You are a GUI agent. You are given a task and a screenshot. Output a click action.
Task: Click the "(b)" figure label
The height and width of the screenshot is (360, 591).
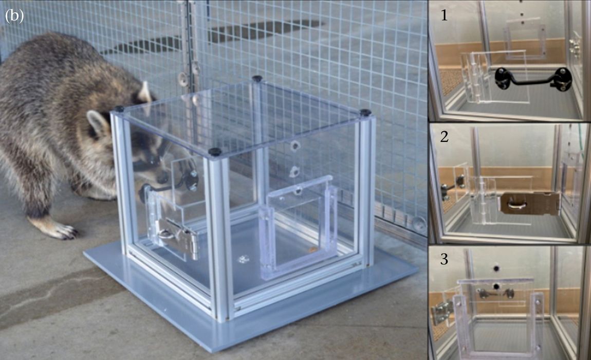14,16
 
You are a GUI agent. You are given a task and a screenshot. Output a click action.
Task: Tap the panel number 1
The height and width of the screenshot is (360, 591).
445,15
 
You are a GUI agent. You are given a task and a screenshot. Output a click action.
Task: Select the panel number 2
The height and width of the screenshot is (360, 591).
445,136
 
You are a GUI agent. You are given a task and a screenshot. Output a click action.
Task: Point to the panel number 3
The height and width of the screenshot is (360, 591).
445,259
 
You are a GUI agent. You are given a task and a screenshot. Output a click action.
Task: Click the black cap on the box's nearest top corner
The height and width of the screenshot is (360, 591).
215,152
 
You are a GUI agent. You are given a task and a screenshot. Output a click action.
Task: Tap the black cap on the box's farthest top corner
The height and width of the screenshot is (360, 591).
257,79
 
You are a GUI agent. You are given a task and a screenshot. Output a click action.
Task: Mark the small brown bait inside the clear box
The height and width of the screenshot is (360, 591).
312,249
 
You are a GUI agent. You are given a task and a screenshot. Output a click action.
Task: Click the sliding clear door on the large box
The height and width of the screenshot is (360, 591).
298,226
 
